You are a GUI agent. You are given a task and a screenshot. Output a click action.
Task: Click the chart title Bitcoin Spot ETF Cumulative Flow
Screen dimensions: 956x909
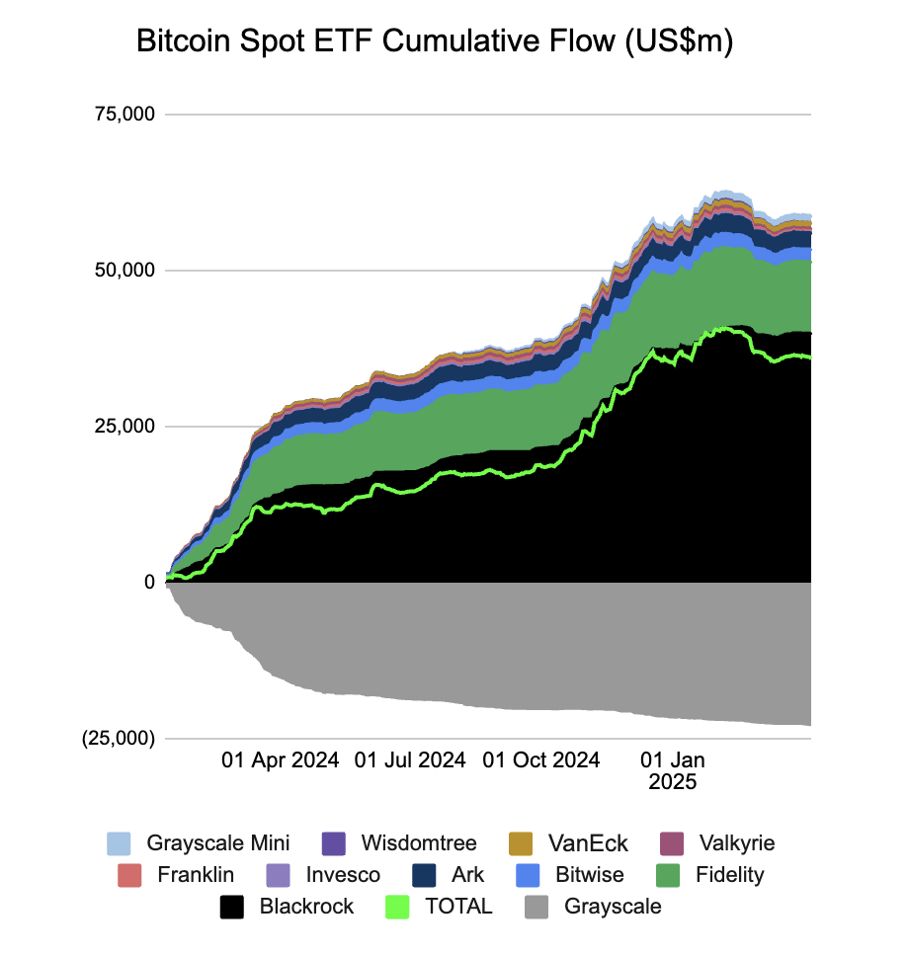(x=434, y=43)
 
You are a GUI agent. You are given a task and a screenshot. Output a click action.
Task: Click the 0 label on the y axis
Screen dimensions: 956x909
(x=149, y=583)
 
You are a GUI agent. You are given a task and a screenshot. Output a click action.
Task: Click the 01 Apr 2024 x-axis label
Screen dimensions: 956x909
(x=280, y=760)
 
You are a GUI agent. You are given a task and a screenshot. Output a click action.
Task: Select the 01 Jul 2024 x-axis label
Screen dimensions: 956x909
(x=410, y=760)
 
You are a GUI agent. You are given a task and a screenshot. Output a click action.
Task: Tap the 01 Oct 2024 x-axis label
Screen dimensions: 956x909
(x=540, y=760)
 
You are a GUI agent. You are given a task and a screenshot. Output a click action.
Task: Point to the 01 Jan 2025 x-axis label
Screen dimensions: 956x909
(x=672, y=770)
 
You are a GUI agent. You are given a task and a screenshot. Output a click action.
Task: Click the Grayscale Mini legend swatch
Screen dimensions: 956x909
(x=119, y=843)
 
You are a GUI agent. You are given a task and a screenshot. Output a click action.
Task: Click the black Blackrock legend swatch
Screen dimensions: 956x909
(x=231, y=907)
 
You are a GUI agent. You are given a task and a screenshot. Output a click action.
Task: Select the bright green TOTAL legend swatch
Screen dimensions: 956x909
(x=399, y=907)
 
